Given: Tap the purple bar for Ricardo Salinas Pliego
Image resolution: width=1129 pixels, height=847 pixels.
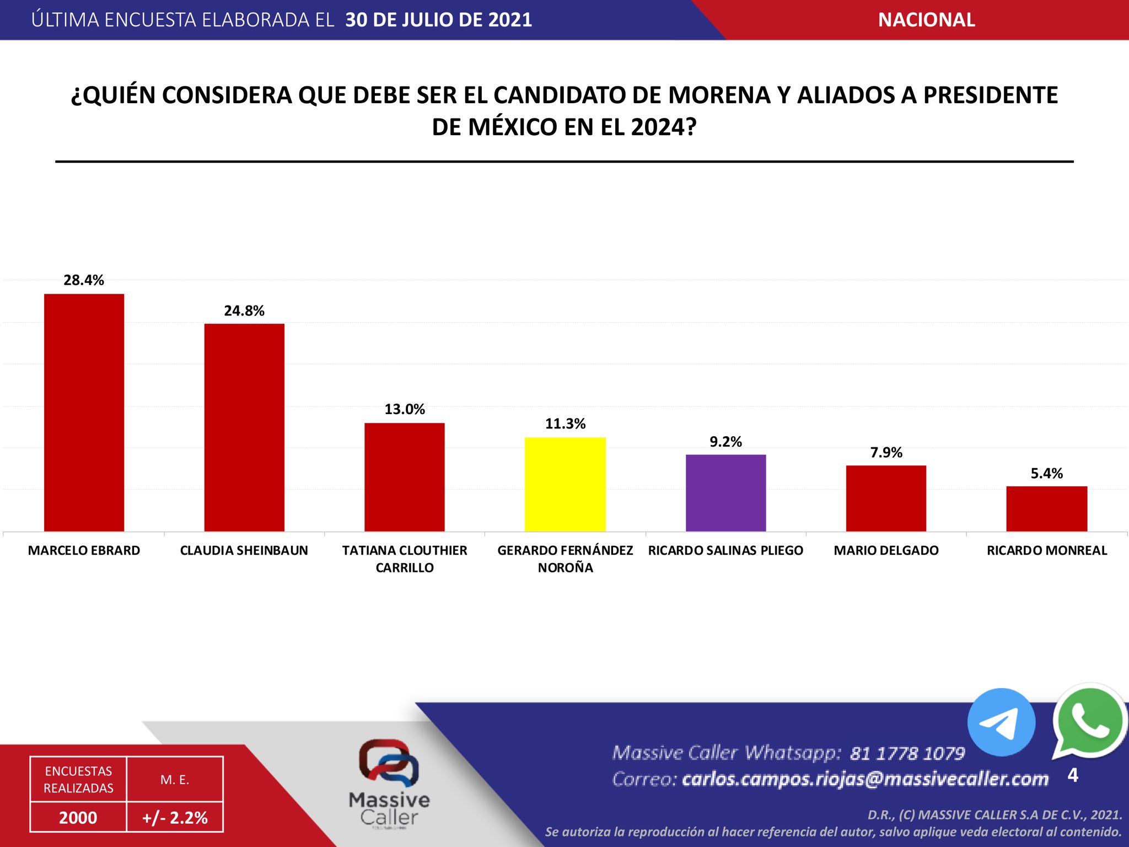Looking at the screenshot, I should tap(725, 493).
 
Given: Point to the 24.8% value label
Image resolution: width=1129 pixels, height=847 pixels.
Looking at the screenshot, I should tap(244, 311).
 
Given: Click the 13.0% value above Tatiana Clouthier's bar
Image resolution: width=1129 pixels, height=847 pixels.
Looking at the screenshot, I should tap(405, 409).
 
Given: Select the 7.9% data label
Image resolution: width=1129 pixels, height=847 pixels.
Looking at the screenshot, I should tap(886, 453).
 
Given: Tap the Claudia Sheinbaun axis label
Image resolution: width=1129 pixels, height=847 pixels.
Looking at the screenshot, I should tap(244, 550).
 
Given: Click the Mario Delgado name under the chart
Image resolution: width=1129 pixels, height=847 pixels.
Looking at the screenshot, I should tap(886, 550).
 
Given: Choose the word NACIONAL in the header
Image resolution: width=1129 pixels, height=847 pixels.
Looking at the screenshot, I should tap(926, 20).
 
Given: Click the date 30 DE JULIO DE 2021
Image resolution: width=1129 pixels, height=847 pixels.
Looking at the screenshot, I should tap(438, 20).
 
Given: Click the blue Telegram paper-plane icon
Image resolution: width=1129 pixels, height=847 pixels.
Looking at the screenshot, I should tap(1001, 722).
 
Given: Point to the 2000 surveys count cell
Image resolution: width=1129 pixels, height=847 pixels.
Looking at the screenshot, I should tap(78, 817).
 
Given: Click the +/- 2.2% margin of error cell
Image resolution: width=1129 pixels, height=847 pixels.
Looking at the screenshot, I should tap(175, 817).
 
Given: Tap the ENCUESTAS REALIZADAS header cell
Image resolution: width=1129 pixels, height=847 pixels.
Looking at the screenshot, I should tap(78, 779).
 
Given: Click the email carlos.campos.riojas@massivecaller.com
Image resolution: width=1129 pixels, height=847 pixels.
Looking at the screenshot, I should tap(865, 779).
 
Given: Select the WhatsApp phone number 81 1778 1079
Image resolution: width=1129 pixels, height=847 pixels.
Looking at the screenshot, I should tap(907, 753).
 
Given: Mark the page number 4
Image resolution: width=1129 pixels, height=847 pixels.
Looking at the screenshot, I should tap(1073, 775).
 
